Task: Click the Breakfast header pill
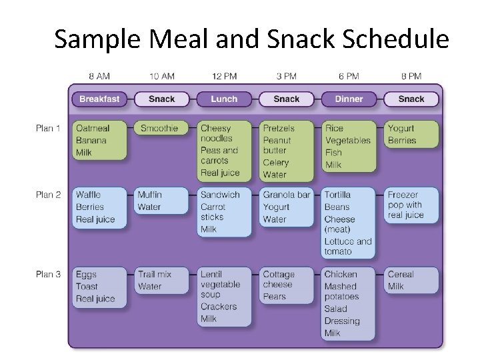[x=99, y=99]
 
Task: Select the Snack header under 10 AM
[x=161, y=99]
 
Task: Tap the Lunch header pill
[x=224, y=99]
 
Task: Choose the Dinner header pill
[x=349, y=99]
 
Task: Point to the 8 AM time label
[x=99, y=77]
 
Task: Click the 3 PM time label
[x=287, y=77]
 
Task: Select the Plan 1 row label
[x=48, y=128]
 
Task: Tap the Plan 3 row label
[x=48, y=274]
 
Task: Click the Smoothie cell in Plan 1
[x=159, y=128]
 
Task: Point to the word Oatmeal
[x=93, y=128]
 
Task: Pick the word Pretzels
[x=279, y=128]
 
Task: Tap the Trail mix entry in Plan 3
[x=154, y=274]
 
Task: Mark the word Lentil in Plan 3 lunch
[x=211, y=274]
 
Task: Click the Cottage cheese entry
[x=278, y=279]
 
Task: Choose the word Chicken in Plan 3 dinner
[x=341, y=274]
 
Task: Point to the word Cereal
[x=401, y=274]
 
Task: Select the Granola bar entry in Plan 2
[x=287, y=195]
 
